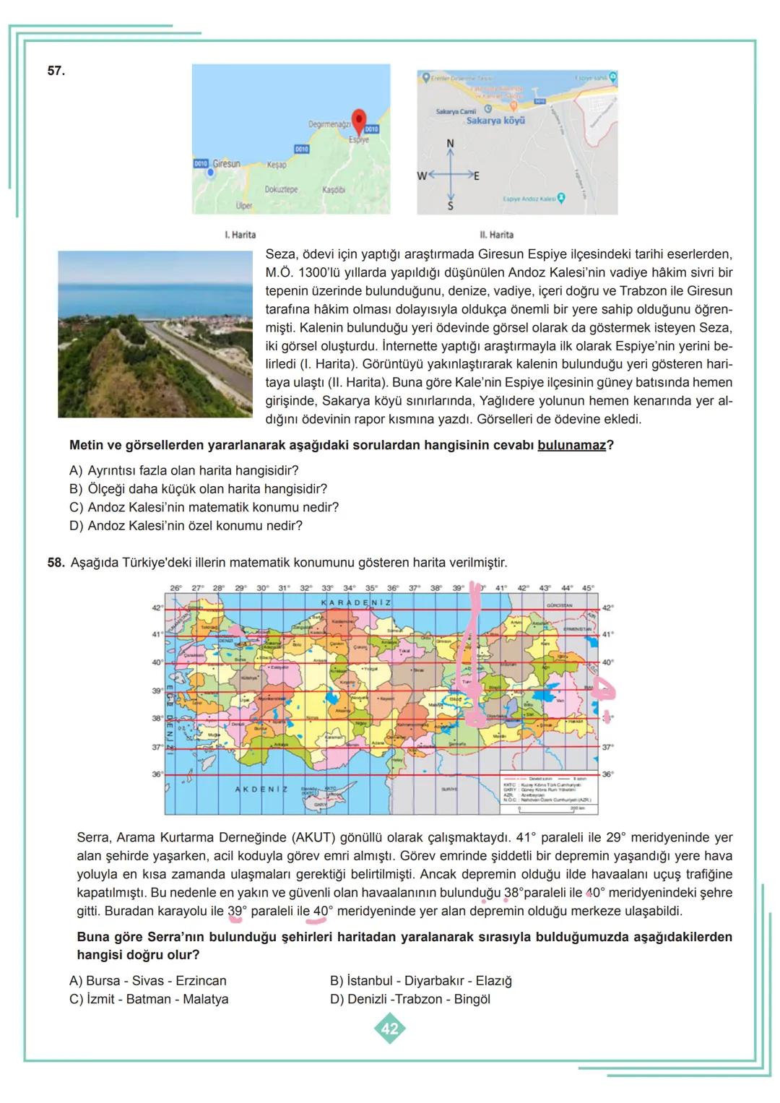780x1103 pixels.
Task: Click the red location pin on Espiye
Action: point(359,121)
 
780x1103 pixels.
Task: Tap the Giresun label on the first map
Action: point(226,164)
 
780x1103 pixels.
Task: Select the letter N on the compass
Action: point(450,144)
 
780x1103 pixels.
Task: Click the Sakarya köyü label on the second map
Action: point(495,121)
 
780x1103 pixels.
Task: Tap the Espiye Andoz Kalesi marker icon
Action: point(561,197)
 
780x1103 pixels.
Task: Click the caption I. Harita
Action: point(240,235)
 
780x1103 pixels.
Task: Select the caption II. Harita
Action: point(497,235)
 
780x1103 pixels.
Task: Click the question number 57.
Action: point(56,71)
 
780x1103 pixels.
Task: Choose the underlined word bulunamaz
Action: point(571,445)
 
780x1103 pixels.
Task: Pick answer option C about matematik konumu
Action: point(204,507)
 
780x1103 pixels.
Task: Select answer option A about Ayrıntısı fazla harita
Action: point(184,470)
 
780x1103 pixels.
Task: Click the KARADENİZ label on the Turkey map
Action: point(355,602)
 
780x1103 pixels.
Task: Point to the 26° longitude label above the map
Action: point(175,588)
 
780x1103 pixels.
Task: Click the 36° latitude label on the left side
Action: point(157,774)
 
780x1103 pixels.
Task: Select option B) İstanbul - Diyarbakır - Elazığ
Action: point(420,981)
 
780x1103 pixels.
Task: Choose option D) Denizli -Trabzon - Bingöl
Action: point(409,999)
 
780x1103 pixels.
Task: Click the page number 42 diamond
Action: point(389,1028)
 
